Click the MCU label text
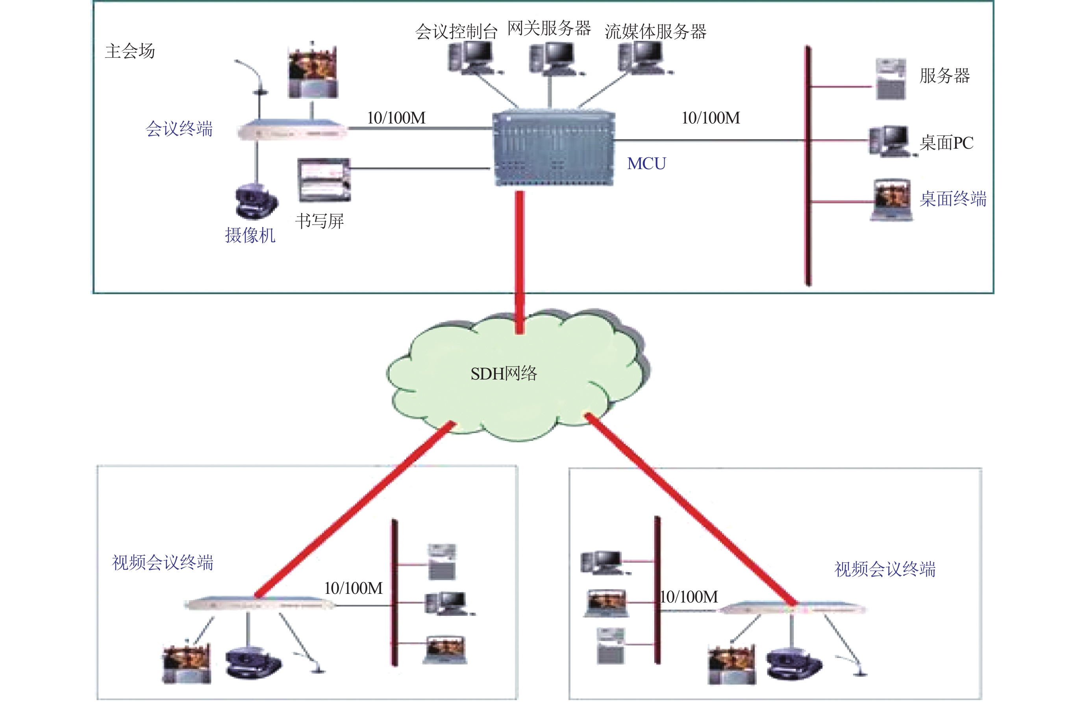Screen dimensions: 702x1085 click(646, 164)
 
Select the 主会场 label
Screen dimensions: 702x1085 click(130, 51)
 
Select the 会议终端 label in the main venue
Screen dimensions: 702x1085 click(179, 129)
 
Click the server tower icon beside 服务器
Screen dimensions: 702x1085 click(891, 79)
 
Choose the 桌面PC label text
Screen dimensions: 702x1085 click(946, 143)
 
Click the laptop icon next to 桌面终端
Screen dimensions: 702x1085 click(891, 200)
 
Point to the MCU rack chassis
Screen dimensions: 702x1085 click(554, 148)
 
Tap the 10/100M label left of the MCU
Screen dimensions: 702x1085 click(396, 118)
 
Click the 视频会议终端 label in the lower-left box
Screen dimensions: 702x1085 click(163, 563)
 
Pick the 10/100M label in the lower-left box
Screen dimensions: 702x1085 click(353, 588)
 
